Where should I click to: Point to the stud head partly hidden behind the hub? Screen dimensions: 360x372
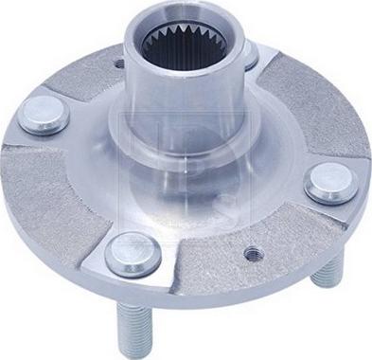tap(250, 57)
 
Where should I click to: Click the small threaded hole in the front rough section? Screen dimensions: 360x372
tap(253, 254)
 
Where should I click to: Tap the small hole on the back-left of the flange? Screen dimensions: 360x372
tap(117, 65)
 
